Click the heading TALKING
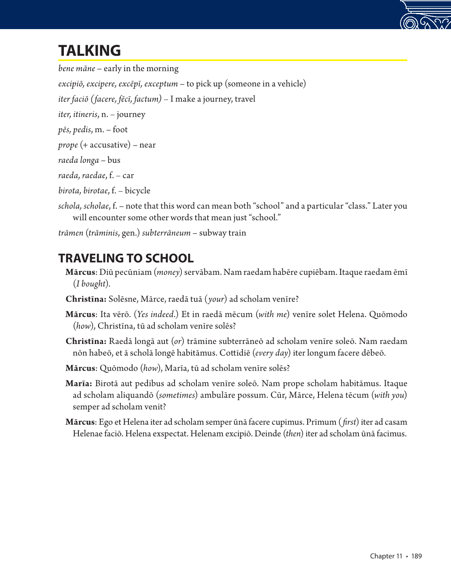click(x=89, y=51)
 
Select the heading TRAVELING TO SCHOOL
click(x=126, y=258)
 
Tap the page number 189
click(x=416, y=556)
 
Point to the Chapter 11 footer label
click(x=386, y=556)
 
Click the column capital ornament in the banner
click(x=425, y=15)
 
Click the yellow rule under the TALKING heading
click(x=232, y=60)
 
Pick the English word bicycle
click(x=137, y=191)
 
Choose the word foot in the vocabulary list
click(x=120, y=130)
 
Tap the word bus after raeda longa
click(x=114, y=160)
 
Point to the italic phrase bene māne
click(x=77, y=69)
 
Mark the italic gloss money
click(x=168, y=272)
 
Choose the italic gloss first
click(x=349, y=422)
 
